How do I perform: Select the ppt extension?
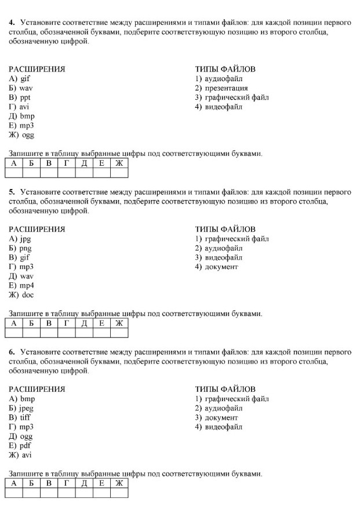(x=25, y=97)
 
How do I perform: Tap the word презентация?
(x=226, y=88)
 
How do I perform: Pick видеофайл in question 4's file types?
(x=224, y=107)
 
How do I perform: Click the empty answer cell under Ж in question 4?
(x=119, y=172)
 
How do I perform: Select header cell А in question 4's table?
(x=13, y=163)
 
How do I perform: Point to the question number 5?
(x=12, y=192)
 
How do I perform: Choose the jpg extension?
(x=25, y=239)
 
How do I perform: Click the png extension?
(x=26, y=248)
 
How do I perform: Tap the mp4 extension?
(x=27, y=285)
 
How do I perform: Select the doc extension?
(x=27, y=295)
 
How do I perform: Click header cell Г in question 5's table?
(x=66, y=323)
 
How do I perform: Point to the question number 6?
(x=12, y=352)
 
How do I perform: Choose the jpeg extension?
(x=27, y=408)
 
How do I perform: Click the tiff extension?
(x=25, y=417)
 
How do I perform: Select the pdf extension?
(x=25, y=446)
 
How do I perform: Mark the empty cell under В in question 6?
(x=49, y=493)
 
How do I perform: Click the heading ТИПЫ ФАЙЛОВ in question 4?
(x=225, y=69)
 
